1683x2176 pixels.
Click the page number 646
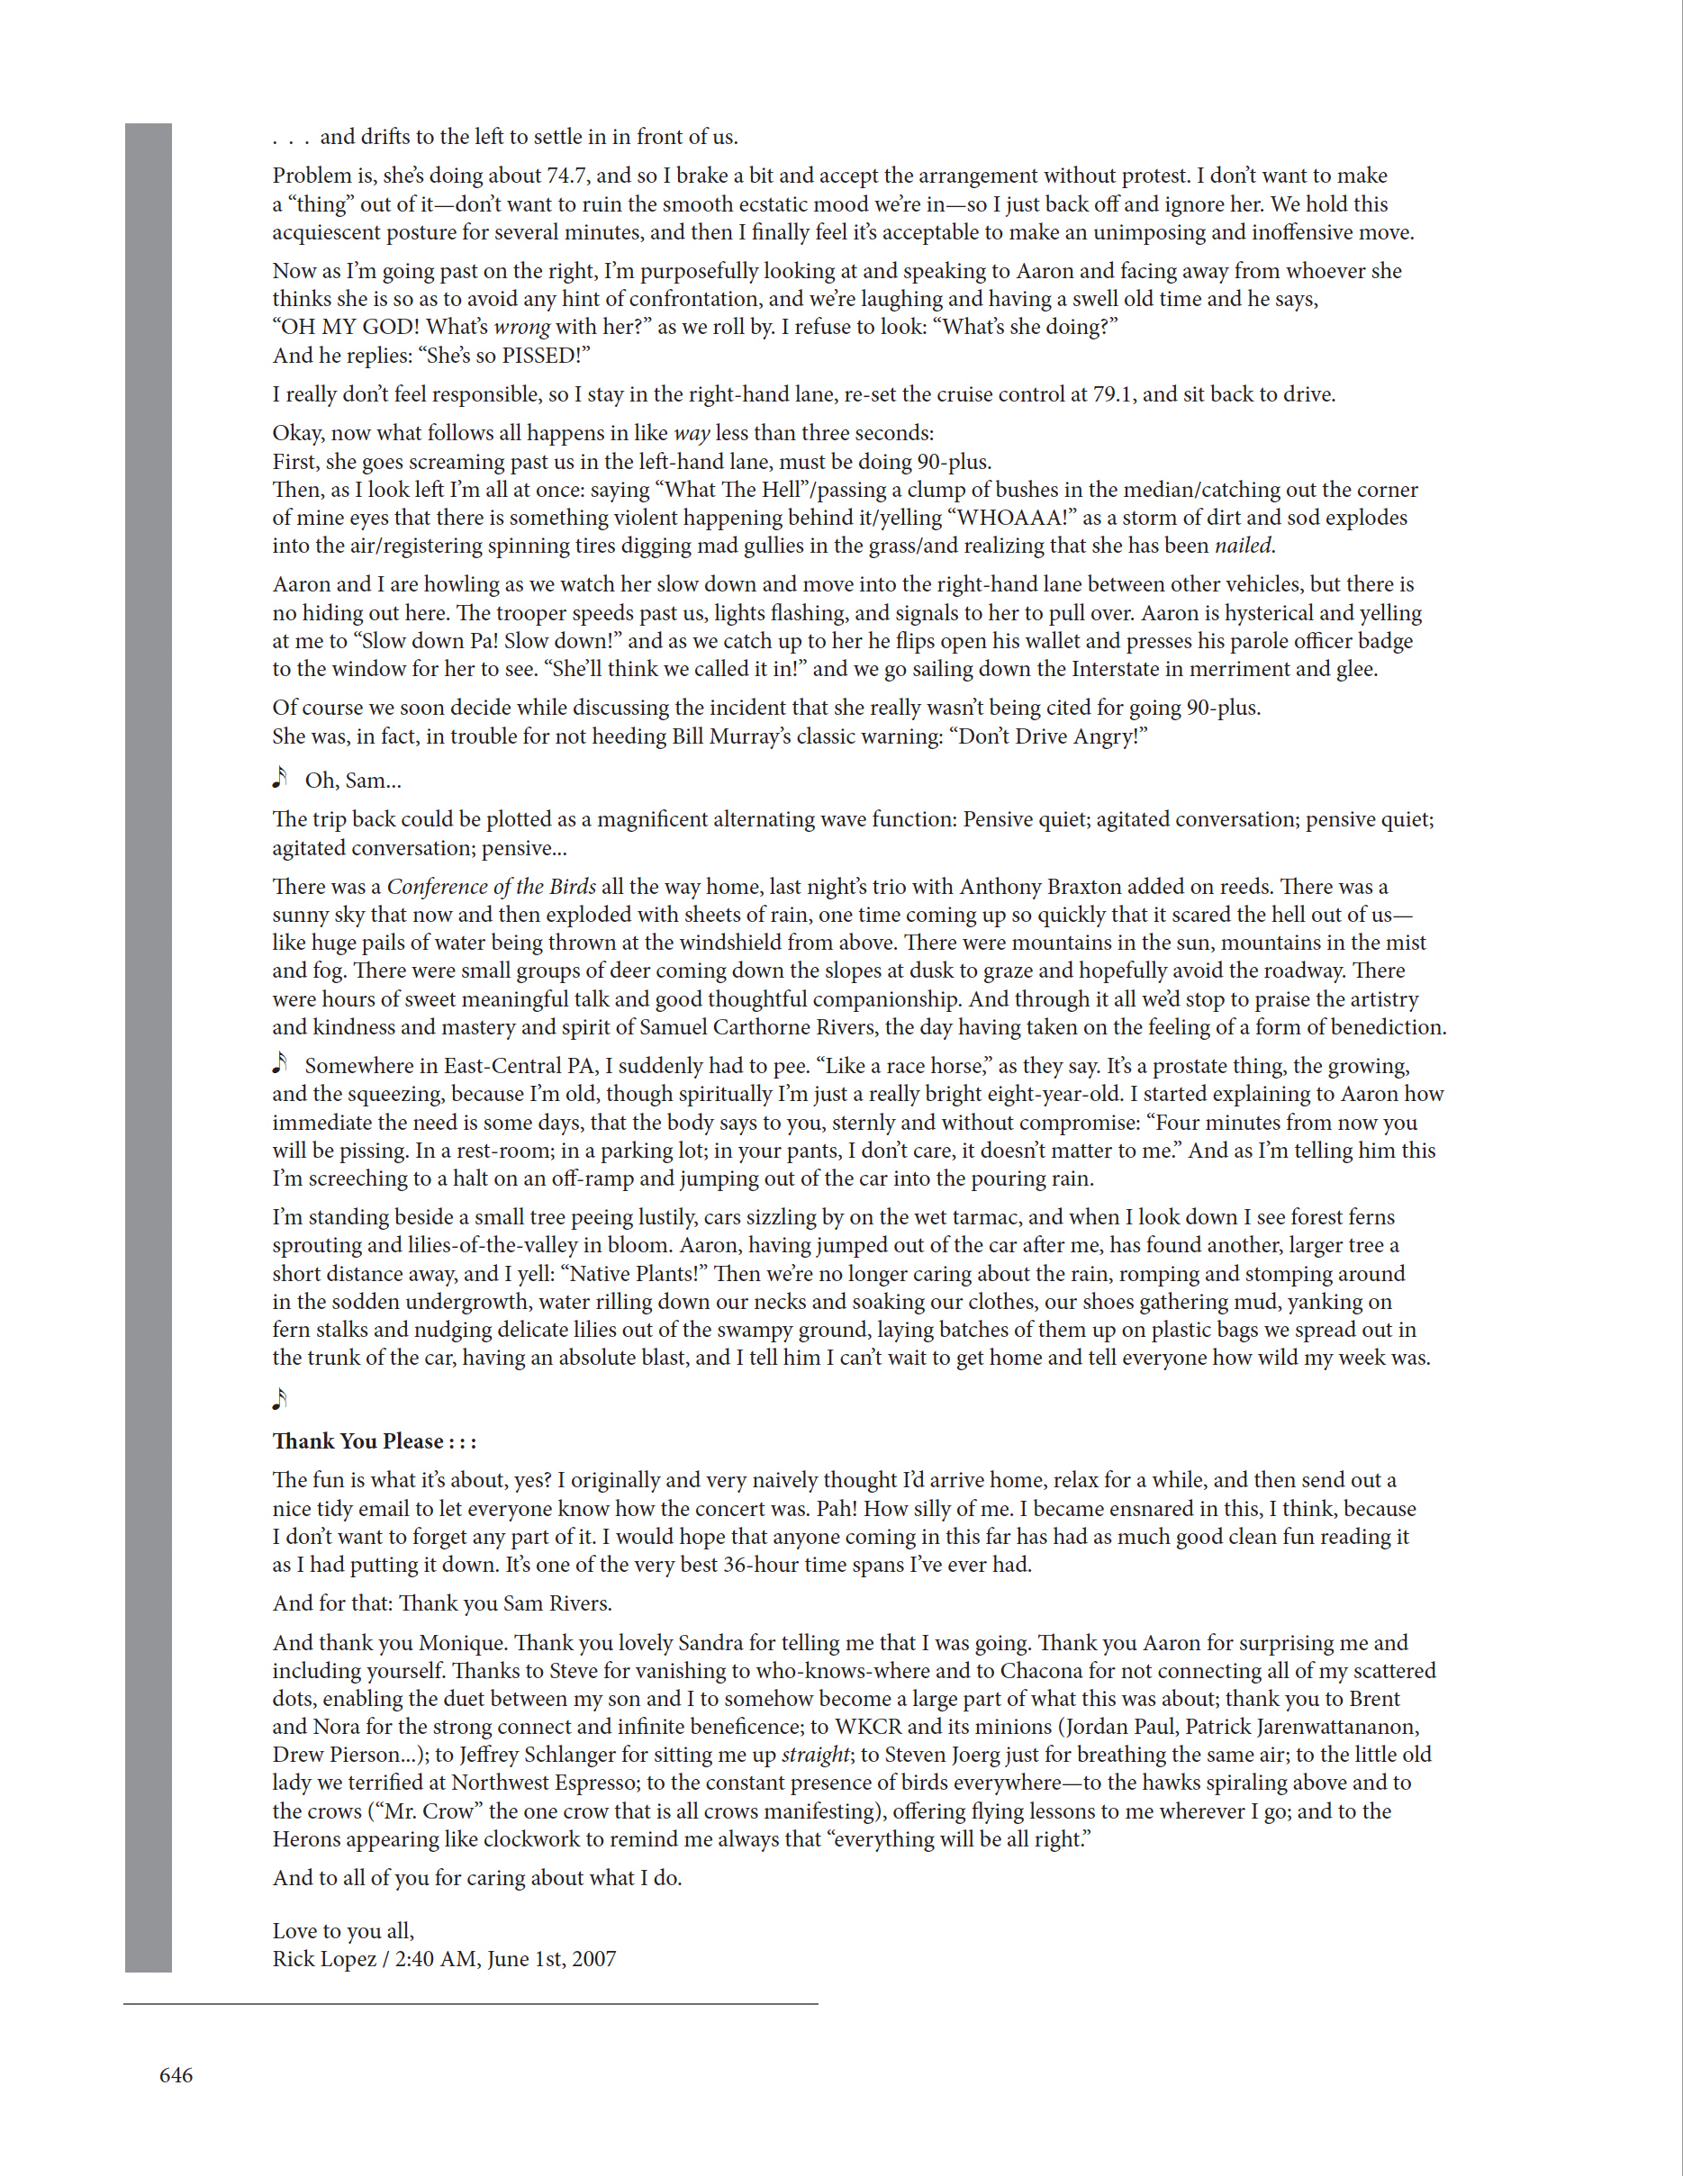176,2074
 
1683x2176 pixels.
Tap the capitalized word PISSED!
545,356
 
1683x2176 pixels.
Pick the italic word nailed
1244,546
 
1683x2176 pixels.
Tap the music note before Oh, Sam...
280,778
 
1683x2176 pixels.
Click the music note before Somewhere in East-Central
280,1063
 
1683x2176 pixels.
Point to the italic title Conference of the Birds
492,887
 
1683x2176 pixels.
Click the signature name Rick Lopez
324,1959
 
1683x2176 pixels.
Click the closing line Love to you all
343,1931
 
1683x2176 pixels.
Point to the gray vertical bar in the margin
149,1046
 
